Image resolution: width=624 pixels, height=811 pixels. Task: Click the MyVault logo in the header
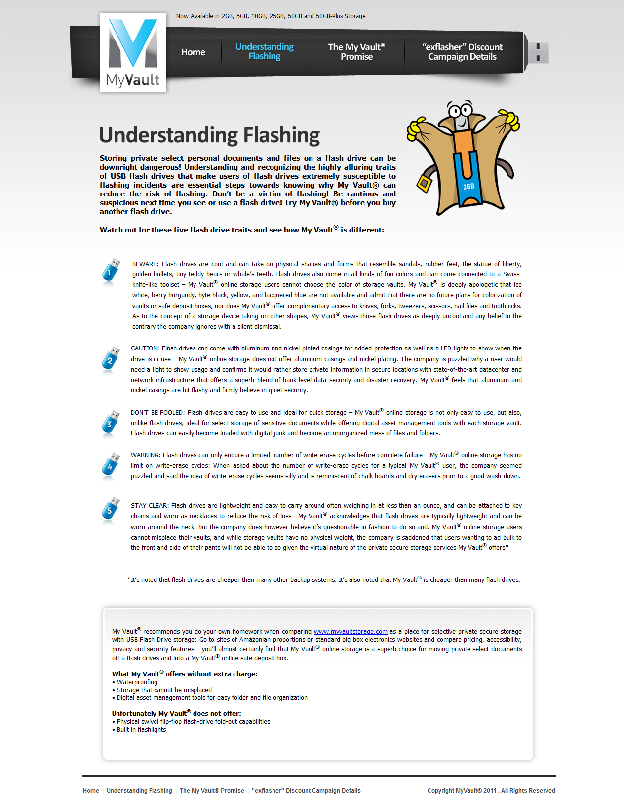click(x=133, y=52)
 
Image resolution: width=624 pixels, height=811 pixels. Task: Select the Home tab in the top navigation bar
click(x=193, y=52)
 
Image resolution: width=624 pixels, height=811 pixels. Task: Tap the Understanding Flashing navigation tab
click(x=265, y=51)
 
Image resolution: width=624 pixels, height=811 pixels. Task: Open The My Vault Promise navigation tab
click(x=356, y=52)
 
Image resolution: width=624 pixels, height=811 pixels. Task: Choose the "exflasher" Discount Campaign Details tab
click(x=462, y=52)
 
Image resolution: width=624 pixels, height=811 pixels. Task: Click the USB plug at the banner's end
click(x=538, y=52)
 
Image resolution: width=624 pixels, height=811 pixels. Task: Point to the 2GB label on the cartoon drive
click(x=468, y=187)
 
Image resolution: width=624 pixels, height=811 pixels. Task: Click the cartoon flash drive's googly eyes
click(x=460, y=110)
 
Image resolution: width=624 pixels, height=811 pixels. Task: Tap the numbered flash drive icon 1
click(x=111, y=271)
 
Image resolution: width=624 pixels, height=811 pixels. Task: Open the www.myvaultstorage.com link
click(x=351, y=632)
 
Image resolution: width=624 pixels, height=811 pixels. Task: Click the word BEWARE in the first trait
click(x=145, y=264)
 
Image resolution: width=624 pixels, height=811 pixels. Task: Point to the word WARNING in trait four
click(x=145, y=455)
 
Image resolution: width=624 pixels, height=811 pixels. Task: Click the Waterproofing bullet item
click(x=137, y=682)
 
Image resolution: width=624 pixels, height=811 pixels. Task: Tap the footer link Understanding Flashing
click(x=139, y=791)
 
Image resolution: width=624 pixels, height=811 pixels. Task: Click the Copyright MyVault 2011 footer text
click(x=491, y=791)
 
